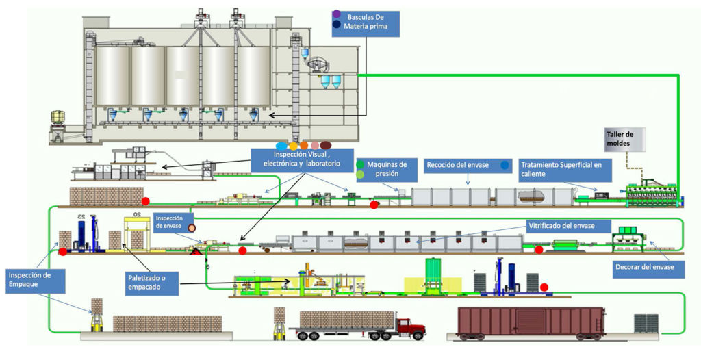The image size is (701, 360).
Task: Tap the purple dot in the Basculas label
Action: pos(335,14)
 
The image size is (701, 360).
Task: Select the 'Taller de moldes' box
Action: pos(624,140)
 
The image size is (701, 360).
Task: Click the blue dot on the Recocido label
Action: pos(505,165)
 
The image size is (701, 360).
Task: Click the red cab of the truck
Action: pos(411,326)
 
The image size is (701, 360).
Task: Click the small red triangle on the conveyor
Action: pos(196,253)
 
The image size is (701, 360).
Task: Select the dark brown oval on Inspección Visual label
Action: pos(325,145)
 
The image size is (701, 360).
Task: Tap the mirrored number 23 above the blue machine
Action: pos(81,216)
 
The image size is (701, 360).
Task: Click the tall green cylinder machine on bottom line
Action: pos(433,274)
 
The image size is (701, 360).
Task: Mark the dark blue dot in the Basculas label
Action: pos(335,25)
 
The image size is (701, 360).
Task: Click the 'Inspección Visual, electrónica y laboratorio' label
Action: pos(302,159)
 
